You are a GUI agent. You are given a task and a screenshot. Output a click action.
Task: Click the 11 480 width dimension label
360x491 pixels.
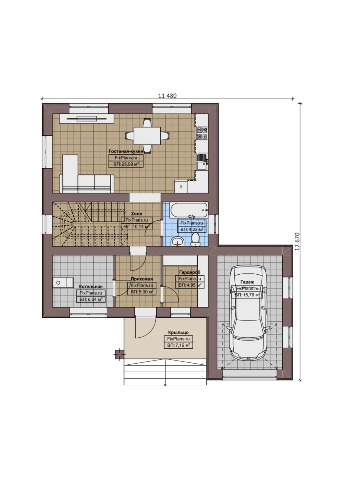pyautogui.click(x=167, y=96)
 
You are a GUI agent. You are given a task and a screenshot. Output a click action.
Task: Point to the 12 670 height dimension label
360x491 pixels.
pyautogui.click(x=298, y=241)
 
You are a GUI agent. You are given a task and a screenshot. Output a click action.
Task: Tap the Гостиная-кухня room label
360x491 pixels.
pyautogui.click(x=126, y=151)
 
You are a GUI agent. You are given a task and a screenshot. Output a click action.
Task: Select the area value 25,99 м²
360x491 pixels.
pyautogui.click(x=126, y=164)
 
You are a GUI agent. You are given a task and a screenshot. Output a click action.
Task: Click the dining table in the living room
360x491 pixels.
pyautogui.click(x=147, y=136)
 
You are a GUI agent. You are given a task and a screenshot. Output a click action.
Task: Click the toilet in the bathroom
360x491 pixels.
pyautogui.click(x=195, y=239)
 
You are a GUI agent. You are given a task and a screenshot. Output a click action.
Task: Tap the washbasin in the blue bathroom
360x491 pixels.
pyautogui.click(x=177, y=241)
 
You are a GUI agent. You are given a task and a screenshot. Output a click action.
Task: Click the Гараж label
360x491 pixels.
pyautogui.click(x=247, y=282)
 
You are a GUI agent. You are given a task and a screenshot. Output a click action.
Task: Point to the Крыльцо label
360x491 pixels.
pyautogui.click(x=178, y=332)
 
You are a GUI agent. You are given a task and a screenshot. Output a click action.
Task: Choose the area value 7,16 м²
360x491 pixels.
pyautogui.click(x=178, y=345)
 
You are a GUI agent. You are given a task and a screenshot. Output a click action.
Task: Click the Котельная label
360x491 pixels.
pyautogui.click(x=91, y=286)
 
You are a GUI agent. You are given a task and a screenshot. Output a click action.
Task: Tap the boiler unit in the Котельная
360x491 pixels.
pyautogui.click(x=63, y=283)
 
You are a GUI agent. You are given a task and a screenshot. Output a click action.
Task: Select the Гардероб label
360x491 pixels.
pyautogui.click(x=190, y=272)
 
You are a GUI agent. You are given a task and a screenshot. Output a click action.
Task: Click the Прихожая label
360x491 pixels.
pyautogui.click(x=142, y=279)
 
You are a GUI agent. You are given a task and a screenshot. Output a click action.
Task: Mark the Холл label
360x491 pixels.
pyautogui.click(x=137, y=214)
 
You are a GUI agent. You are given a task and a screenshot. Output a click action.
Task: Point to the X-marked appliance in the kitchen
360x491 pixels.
pyautogui.click(x=181, y=187)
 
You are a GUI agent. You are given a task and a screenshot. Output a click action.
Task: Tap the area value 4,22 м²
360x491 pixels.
pyautogui.click(x=192, y=229)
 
